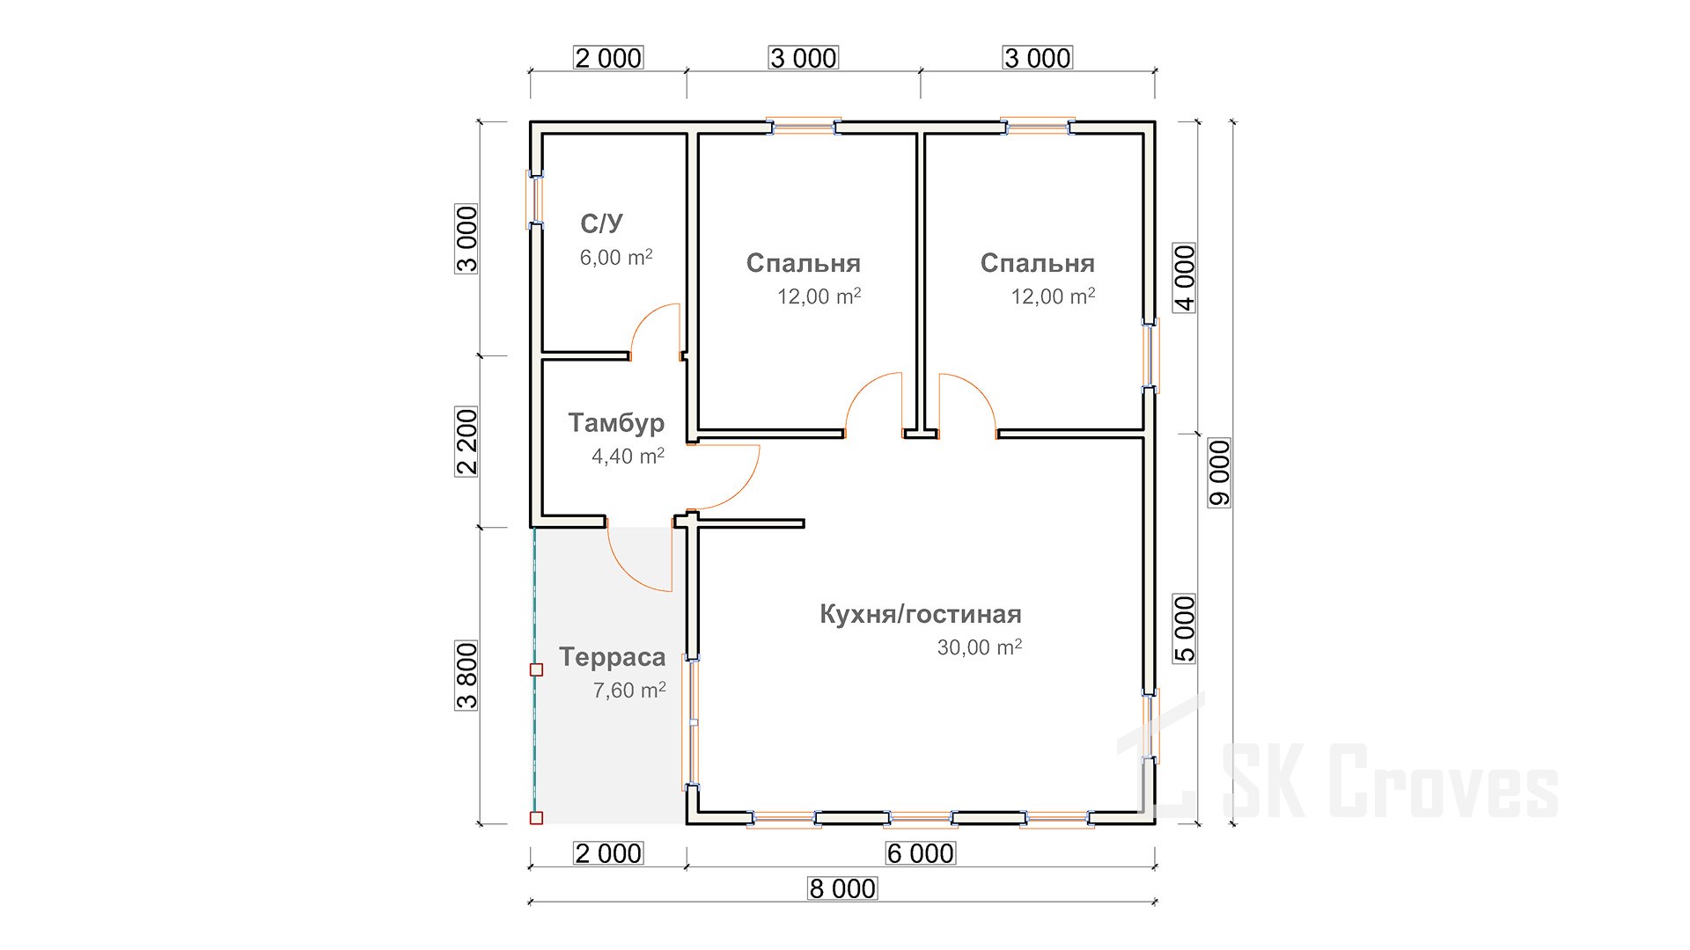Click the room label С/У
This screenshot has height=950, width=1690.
(601, 223)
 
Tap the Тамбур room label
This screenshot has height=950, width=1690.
(616, 423)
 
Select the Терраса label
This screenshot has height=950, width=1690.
(612, 658)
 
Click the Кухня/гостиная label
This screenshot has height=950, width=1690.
(921, 614)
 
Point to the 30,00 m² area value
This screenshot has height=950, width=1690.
(980, 647)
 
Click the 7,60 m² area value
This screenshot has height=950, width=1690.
(629, 691)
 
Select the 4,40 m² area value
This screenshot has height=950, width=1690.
(628, 457)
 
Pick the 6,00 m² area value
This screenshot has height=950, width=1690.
(616, 258)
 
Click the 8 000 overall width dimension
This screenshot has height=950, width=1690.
(843, 888)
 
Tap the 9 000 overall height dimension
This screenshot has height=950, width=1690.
(1219, 473)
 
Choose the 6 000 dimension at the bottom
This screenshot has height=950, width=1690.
(921, 853)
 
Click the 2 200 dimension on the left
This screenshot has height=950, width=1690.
(467, 442)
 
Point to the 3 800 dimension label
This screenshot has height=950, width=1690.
(467, 676)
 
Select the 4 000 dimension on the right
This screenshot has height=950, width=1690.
(1186, 278)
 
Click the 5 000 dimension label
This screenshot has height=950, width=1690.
(1186, 629)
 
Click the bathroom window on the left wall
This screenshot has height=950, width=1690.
(534, 200)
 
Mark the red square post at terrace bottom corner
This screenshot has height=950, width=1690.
(536, 818)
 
